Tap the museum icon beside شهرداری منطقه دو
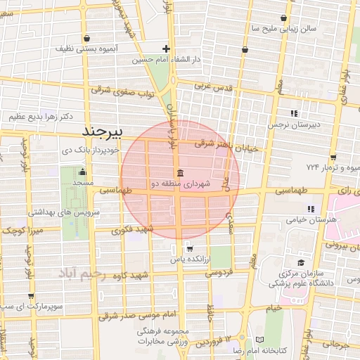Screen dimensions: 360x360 coord(181,174)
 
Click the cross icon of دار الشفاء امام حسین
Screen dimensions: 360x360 coord(166,49)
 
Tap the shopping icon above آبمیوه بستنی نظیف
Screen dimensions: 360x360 coord(86,39)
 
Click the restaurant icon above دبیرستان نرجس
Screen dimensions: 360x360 coord(295,112)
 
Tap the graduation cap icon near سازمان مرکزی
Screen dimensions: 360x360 coord(301,262)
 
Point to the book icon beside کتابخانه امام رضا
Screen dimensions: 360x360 coord(259,340)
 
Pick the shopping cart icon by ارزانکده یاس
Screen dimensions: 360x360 coord(188,247)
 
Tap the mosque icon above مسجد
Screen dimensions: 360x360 coord(83,172)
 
